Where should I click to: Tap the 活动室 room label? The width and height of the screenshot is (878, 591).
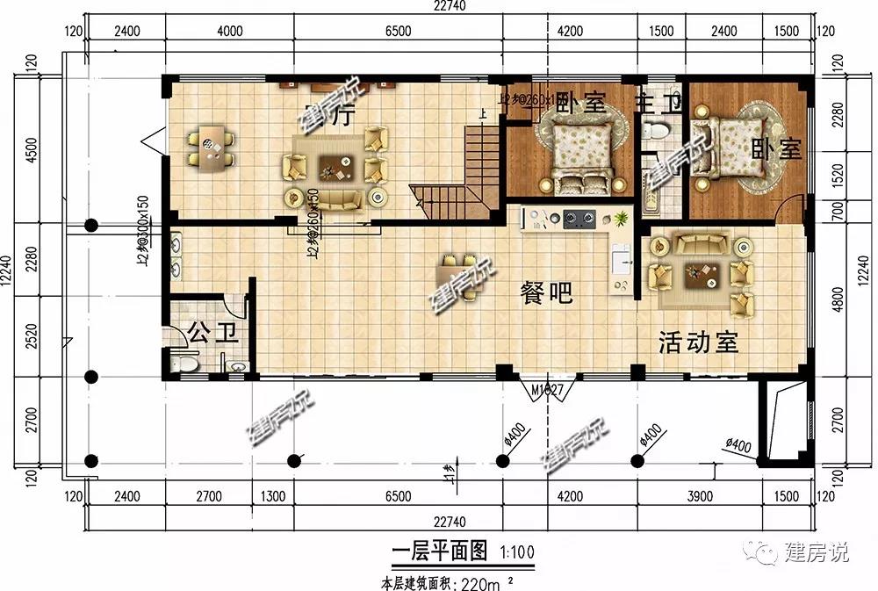tap(698, 342)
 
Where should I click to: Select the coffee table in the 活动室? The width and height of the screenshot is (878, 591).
tap(702, 275)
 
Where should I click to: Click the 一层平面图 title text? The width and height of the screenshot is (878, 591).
tap(439, 551)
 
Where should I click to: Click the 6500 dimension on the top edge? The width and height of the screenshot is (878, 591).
tap(397, 32)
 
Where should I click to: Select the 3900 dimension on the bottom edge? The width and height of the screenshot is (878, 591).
tap(699, 497)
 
